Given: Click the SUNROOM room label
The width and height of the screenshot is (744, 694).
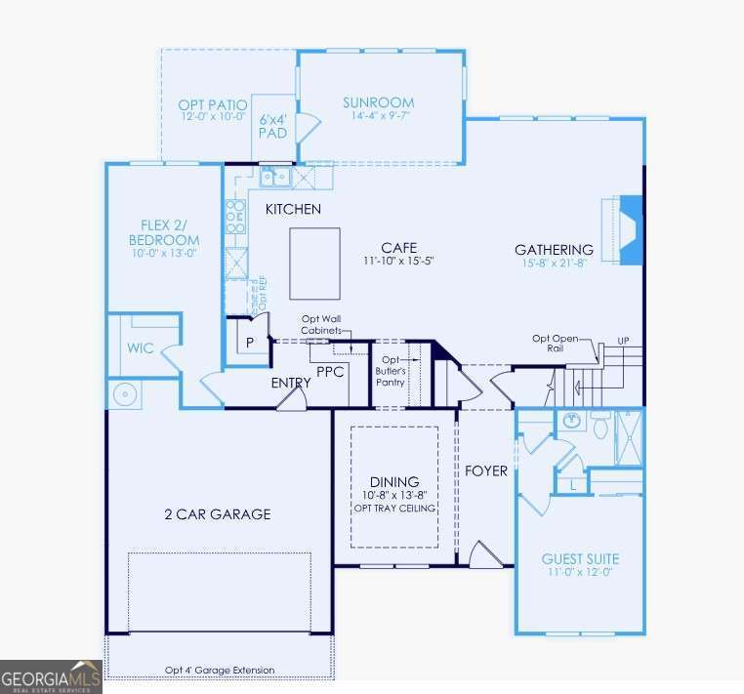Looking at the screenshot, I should (378, 102).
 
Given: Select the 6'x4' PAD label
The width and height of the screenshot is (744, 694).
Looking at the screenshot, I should (272, 127).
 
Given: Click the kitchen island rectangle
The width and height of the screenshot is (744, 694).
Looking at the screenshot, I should (314, 264).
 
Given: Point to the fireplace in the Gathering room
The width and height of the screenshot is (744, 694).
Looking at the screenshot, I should (631, 230).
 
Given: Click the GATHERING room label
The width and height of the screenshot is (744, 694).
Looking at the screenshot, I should (554, 250).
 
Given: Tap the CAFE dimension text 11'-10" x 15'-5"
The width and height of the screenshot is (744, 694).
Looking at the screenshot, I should (398, 262).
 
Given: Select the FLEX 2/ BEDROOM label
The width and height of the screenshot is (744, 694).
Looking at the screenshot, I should (164, 232).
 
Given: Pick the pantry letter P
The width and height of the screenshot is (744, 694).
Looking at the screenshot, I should (250, 343).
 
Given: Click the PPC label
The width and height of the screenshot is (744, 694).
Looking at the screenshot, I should (331, 371).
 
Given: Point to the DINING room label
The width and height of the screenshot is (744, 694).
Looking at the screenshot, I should (393, 482).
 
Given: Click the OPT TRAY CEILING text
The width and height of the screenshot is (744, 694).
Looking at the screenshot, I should (393, 509).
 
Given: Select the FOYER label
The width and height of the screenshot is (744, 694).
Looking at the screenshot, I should (485, 471).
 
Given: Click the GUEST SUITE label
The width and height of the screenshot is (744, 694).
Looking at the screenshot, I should (580, 559).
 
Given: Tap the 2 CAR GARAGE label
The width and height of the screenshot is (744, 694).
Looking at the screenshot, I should (218, 514).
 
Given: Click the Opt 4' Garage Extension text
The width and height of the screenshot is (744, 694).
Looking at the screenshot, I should (220, 671).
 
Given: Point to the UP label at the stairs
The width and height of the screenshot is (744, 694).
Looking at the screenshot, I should (622, 341).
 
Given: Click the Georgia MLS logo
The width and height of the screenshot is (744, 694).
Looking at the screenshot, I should (51, 675).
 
